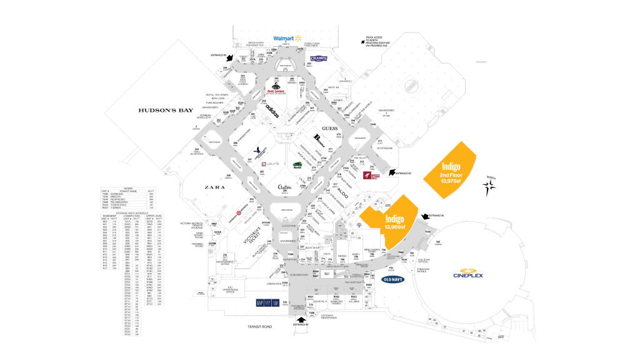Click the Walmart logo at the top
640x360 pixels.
tap(287, 38)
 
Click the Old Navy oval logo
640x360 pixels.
tap(395, 279)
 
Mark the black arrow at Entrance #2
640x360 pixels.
tap(392, 171)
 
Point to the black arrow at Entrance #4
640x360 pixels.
tap(296, 320)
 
